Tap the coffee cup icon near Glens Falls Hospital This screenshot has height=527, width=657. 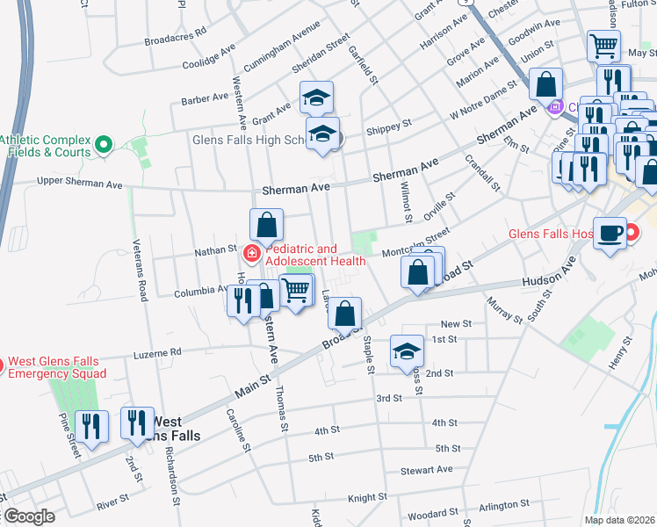pos(610,234)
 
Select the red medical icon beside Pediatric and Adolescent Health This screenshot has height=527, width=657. pos(251,254)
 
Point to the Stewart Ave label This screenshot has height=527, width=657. pos(426,470)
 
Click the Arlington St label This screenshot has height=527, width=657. pos(502,505)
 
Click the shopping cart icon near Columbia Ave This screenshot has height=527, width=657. pos(297,289)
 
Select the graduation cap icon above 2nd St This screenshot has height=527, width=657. pos(406,351)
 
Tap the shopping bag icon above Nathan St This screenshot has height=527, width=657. pos(267,225)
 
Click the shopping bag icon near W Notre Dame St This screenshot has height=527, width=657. pos(545,85)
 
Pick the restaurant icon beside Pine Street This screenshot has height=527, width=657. pos(92,426)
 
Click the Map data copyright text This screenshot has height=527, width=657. pos(620,519)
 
